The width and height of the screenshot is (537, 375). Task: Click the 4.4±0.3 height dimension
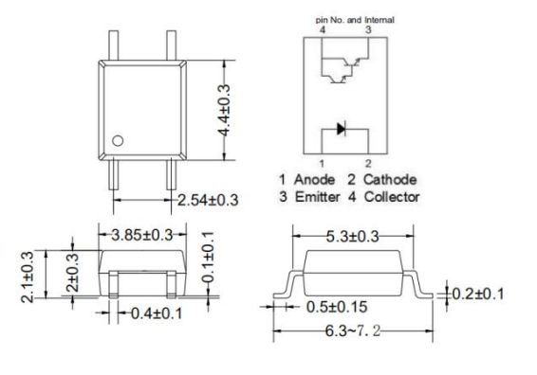(x=224, y=110)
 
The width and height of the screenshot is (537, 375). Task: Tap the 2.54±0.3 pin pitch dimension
(x=208, y=200)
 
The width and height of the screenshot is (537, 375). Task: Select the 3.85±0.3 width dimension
(x=141, y=235)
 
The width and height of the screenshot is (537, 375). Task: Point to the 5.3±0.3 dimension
(x=352, y=237)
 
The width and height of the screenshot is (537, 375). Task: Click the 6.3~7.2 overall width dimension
(x=353, y=330)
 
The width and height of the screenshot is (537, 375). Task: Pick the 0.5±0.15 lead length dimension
(x=337, y=307)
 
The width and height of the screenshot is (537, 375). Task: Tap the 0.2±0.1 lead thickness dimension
(x=478, y=294)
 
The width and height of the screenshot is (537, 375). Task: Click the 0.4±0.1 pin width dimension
(x=157, y=313)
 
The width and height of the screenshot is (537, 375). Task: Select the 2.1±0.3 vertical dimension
(x=28, y=277)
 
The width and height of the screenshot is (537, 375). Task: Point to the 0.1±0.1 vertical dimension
(x=208, y=257)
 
